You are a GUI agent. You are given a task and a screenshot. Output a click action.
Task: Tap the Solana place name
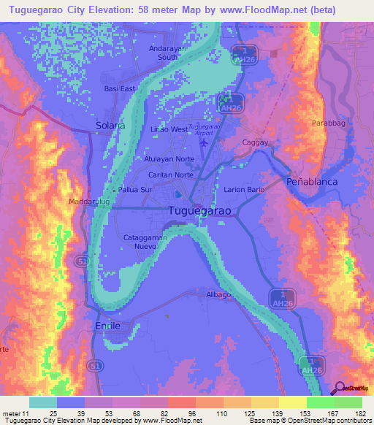click(x=111, y=126)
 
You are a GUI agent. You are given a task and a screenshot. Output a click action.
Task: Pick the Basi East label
click(x=120, y=89)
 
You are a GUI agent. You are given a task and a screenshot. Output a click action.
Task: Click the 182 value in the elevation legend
click(x=358, y=413)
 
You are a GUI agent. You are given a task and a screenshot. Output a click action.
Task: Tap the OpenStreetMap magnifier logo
click(x=337, y=388)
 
